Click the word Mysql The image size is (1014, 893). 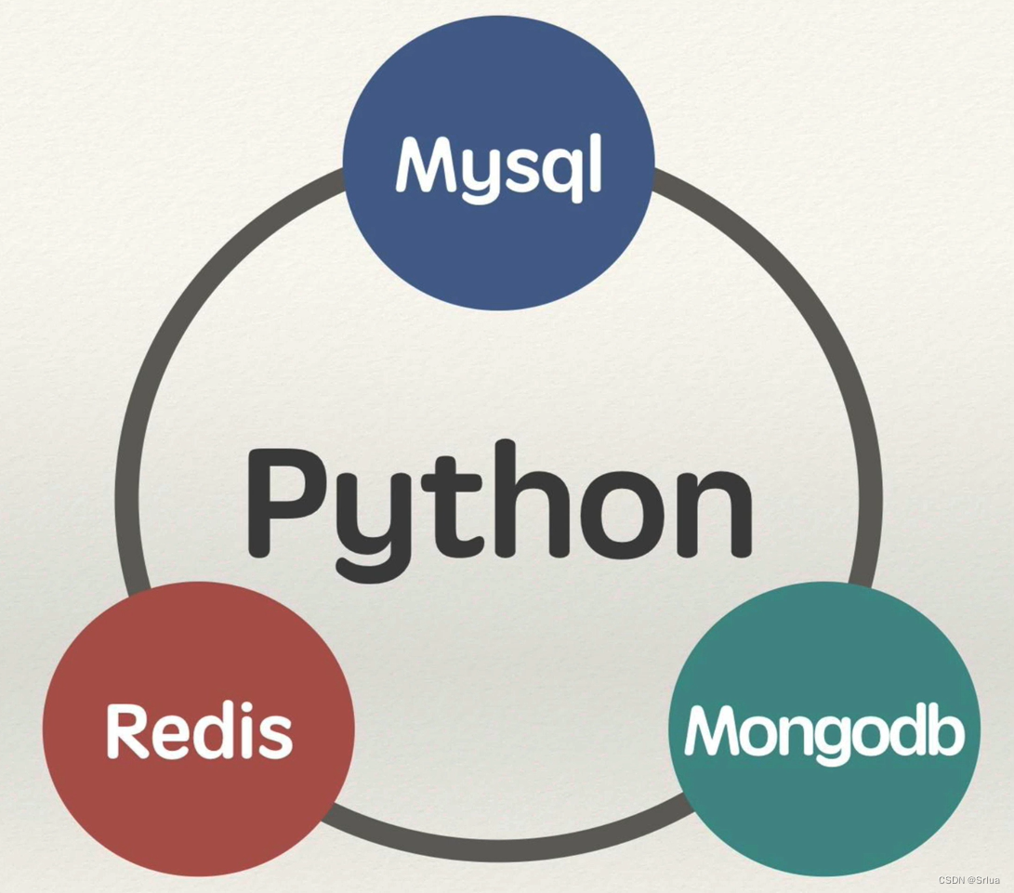[499, 167]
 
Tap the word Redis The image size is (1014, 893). [199, 729]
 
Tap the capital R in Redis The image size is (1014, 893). [128, 729]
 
